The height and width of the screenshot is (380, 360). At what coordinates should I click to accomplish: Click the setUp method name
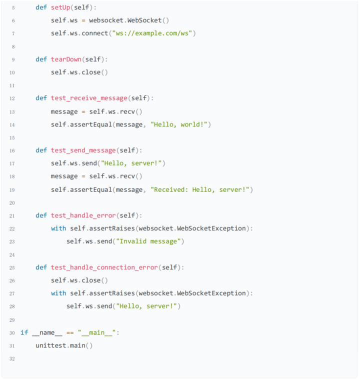coord(61,8)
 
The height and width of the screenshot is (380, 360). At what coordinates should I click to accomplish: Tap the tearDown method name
coord(65,59)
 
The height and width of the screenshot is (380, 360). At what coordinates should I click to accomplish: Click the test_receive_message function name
coord(89,98)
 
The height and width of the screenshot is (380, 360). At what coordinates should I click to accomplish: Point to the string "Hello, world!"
coord(180,124)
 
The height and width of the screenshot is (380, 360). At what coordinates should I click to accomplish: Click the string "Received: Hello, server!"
coord(202,189)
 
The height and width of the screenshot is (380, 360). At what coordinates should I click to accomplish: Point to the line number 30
coord(11,332)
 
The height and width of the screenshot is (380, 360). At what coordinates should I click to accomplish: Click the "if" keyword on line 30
coord(24,332)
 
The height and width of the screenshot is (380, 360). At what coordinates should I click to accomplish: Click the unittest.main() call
coord(64,345)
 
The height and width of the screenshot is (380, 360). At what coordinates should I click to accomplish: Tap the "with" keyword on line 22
coord(58,228)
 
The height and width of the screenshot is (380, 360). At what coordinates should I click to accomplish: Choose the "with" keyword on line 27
coord(58,293)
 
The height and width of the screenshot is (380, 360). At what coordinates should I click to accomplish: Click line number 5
coord(12,8)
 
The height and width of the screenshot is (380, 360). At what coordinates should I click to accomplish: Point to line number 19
coord(11,189)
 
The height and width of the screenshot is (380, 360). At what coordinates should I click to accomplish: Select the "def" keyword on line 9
coord(41,59)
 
